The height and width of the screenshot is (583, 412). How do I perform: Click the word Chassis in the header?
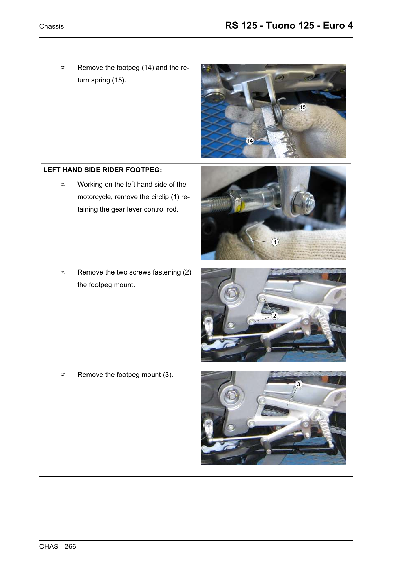click(x=51, y=26)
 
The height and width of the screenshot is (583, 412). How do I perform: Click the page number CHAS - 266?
click(x=57, y=546)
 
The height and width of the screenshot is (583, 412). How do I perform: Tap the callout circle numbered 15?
click(x=302, y=107)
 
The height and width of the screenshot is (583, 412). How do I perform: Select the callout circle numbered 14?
click(x=249, y=141)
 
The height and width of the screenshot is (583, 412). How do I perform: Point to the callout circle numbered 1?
click(x=275, y=242)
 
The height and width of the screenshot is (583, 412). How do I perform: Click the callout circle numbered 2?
click(x=275, y=316)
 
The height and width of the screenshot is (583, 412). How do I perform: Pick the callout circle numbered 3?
click(x=298, y=384)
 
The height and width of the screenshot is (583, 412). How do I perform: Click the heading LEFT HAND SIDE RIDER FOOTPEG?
click(x=102, y=170)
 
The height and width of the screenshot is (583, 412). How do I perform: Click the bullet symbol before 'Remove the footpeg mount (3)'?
click(x=63, y=375)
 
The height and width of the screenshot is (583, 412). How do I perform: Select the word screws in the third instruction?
click(x=140, y=272)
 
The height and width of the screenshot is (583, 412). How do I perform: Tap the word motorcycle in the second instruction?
click(x=95, y=197)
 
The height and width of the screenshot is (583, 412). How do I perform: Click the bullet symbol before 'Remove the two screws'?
click(x=63, y=272)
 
